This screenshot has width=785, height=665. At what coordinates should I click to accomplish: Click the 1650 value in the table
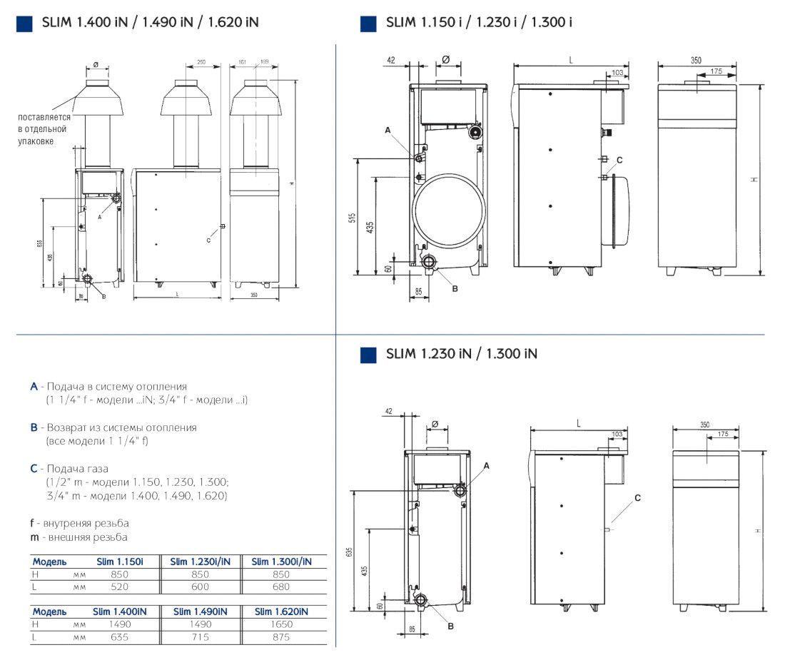[x=281, y=624]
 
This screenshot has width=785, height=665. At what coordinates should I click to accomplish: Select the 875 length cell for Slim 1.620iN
[x=281, y=637]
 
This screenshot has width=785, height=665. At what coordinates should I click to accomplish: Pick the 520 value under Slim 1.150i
[x=120, y=587]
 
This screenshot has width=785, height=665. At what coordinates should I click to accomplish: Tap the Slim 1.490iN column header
[x=200, y=611]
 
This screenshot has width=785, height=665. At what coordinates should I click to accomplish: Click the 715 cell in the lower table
[x=200, y=637]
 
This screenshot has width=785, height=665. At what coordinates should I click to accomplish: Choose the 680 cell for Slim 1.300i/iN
[x=281, y=587]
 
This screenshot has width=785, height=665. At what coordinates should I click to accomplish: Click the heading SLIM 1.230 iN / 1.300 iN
[x=461, y=354]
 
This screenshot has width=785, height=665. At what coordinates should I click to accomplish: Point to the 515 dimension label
[x=352, y=218]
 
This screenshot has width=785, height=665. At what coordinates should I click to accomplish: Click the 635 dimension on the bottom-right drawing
[x=349, y=552]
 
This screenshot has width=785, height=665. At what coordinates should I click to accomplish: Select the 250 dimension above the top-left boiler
[x=201, y=63]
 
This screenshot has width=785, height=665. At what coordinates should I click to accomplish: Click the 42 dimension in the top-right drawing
[x=390, y=61]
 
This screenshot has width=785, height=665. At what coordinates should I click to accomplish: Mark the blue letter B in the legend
[x=34, y=427]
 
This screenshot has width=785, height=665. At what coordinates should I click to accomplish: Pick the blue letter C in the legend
[x=34, y=469]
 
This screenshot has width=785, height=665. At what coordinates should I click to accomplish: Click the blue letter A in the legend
[x=34, y=387]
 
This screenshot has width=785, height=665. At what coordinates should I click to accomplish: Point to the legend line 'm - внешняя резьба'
[x=78, y=537]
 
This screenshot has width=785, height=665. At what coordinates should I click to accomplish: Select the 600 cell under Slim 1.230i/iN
[x=200, y=587]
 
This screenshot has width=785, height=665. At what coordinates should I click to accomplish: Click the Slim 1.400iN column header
[x=120, y=611]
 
